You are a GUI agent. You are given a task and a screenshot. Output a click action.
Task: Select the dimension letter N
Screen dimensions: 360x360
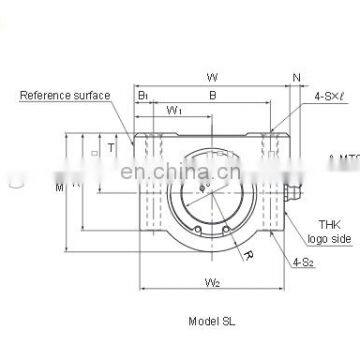click(x=296, y=75)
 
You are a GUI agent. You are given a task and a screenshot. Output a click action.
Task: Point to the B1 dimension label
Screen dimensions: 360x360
click(x=143, y=97)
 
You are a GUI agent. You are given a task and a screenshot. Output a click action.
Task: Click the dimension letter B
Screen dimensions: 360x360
click(x=210, y=97)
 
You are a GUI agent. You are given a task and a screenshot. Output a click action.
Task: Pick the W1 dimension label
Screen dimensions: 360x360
click(x=174, y=111)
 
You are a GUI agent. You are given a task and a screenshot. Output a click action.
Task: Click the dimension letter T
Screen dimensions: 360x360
click(x=111, y=144)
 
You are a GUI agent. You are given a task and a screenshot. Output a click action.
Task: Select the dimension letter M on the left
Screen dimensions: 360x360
click(x=59, y=184)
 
